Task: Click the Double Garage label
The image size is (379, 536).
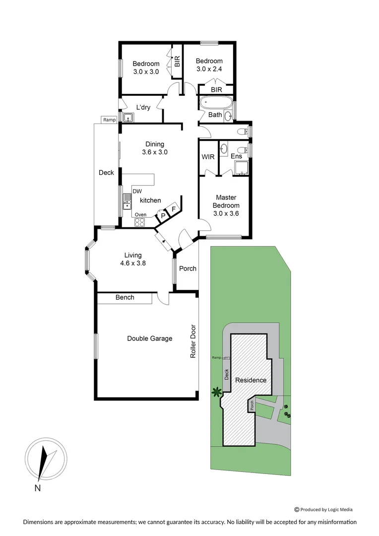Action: (149, 338)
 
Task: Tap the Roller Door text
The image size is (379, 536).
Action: (193, 342)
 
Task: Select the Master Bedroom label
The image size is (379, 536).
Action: (226, 201)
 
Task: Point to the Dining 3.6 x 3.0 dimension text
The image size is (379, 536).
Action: (155, 152)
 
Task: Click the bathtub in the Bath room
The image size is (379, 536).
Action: (215, 104)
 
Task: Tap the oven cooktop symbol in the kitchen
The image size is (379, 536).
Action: (140, 222)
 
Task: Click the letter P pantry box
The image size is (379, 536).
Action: (163, 216)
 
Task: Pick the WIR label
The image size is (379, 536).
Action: (208, 156)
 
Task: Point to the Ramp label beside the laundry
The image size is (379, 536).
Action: (109, 120)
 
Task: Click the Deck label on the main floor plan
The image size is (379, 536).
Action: (106, 173)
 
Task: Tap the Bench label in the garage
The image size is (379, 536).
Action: (125, 297)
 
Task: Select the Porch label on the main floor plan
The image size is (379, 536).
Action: (188, 268)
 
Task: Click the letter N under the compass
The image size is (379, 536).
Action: (37, 488)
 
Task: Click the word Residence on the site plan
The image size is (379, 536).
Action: (251, 380)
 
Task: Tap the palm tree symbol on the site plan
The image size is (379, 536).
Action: (216, 392)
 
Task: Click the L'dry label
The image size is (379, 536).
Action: (143, 108)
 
